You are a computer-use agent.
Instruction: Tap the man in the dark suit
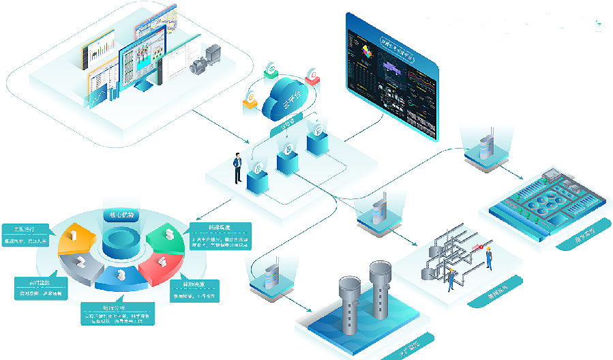click(x=237, y=168)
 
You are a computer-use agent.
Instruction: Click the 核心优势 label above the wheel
click(x=121, y=216)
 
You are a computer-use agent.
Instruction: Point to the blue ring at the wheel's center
click(x=121, y=243)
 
